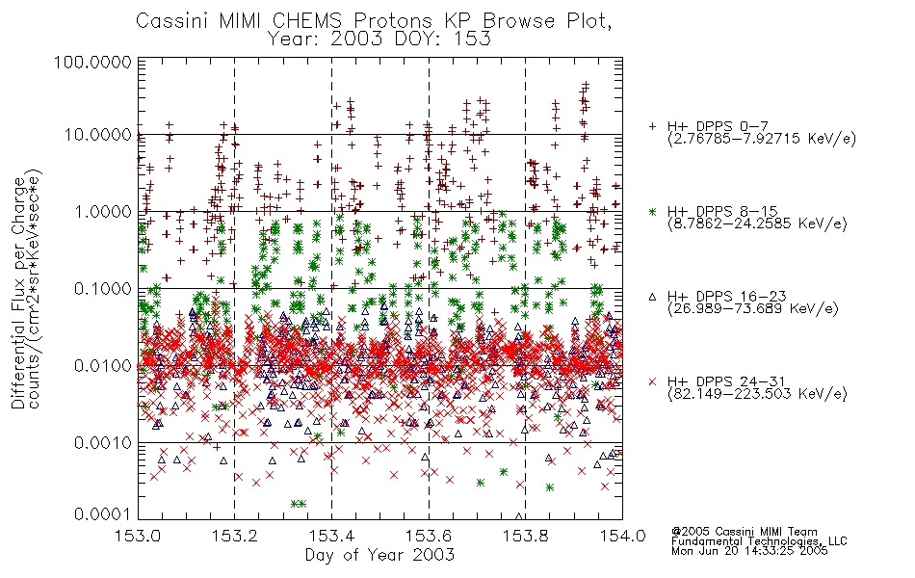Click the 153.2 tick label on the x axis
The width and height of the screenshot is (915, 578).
pyautogui.click(x=235, y=536)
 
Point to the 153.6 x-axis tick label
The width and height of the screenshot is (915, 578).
pyautogui.click(x=429, y=536)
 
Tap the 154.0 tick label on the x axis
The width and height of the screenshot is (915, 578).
pyautogui.click(x=622, y=536)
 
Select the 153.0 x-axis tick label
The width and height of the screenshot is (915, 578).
pyautogui.click(x=138, y=536)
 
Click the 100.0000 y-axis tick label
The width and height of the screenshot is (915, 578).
pyautogui.click(x=93, y=62)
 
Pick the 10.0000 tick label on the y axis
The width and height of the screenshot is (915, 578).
pyautogui.click(x=98, y=135)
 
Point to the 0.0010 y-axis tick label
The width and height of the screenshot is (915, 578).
pyautogui.click(x=103, y=443)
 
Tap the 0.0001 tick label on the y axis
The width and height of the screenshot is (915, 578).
pyautogui.click(x=103, y=514)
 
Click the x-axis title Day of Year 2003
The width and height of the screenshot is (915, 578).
pyautogui.click(x=379, y=555)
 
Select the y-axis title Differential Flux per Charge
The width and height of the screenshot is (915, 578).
pyautogui.click(x=18, y=291)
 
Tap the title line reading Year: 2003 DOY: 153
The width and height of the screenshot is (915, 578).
pyautogui.click(x=379, y=39)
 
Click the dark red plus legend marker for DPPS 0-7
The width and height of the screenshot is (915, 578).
pyautogui.click(x=652, y=126)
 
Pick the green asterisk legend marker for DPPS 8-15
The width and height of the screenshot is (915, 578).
pyautogui.click(x=652, y=211)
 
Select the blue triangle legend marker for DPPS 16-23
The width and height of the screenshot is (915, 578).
pyautogui.click(x=652, y=297)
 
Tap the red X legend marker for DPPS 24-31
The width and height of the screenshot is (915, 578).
pyautogui.click(x=652, y=381)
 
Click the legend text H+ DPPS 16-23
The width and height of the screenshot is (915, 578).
pyautogui.click(x=727, y=297)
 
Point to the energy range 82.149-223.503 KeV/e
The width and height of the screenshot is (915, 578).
pyautogui.click(x=757, y=394)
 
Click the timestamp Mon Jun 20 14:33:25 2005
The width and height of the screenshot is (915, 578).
pyautogui.click(x=749, y=551)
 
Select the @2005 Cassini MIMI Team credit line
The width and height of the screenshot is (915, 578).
pyautogui.click(x=744, y=532)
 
